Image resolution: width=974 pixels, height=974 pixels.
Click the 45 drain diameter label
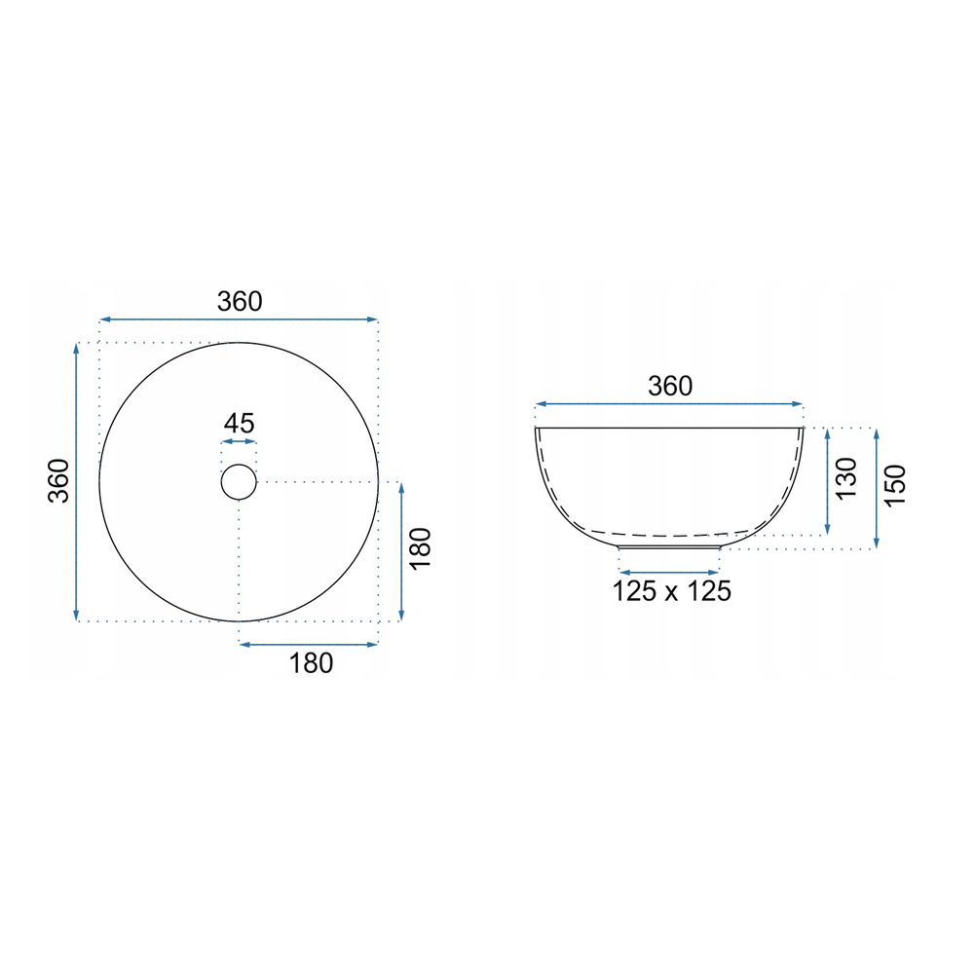(240, 424)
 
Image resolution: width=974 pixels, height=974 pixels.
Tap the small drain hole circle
(239, 465)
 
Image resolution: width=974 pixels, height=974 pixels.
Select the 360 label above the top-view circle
(240, 302)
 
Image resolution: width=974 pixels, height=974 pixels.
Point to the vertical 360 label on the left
(59, 481)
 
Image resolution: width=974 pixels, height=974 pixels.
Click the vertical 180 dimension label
(421, 547)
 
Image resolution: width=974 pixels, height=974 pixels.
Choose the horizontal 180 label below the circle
(312, 663)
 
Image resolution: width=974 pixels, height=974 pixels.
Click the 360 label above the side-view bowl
(670, 387)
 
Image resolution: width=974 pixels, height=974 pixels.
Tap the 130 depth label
(846, 478)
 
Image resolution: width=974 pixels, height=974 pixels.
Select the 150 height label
(895, 486)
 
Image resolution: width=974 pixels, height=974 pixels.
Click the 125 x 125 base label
(671, 591)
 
